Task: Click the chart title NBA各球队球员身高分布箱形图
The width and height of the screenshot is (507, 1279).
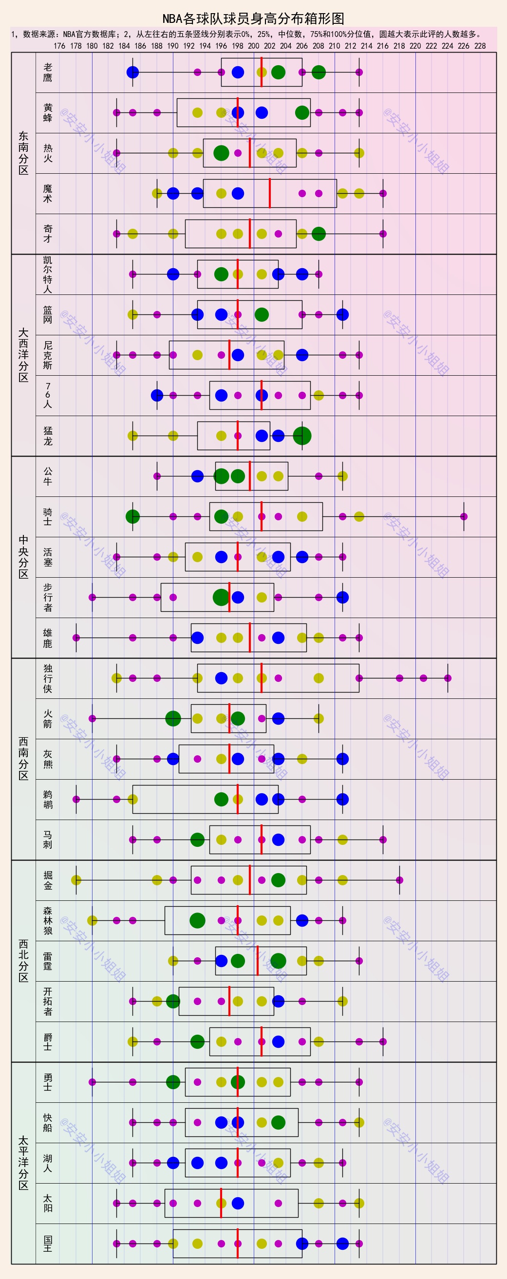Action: point(253,19)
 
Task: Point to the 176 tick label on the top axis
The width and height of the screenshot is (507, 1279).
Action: point(59,46)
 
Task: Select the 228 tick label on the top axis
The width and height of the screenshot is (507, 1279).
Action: point(480,46)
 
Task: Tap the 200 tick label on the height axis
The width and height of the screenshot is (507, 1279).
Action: point(253,46)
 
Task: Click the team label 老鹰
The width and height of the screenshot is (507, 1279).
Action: point(48,73)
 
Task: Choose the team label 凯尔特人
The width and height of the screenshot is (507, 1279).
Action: point(48,274)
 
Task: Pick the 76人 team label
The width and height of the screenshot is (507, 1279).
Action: point(48,395)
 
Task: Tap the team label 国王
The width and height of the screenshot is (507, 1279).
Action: point(48,1244)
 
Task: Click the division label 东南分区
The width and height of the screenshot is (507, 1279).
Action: point(23,153)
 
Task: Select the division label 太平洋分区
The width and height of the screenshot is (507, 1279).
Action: point(23,1163)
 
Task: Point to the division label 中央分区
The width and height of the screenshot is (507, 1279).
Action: point(23,557)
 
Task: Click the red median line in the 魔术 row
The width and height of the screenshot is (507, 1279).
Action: point(270,193)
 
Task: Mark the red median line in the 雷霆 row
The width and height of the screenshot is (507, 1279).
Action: point(258,961)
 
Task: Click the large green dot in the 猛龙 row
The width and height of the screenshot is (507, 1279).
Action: point(302,436)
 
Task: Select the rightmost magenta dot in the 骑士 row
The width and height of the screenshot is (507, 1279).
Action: point(464,516)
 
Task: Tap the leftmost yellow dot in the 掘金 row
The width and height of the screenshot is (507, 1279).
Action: point(76,880)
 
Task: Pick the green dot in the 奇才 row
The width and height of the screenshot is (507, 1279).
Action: point(319,234)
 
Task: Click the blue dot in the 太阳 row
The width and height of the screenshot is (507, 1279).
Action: point(238,1203)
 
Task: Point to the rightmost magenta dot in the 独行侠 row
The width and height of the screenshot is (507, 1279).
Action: point(448,678)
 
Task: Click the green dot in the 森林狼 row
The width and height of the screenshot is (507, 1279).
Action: point(197,920)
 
